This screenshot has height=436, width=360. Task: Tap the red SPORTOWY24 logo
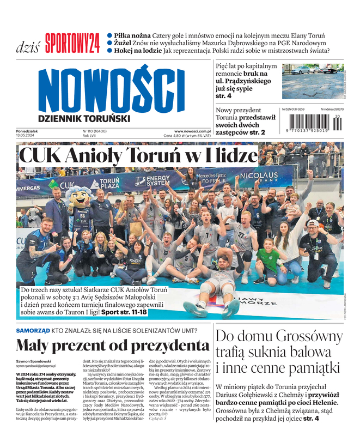[72, 43]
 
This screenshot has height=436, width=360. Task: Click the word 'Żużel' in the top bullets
[125, 43]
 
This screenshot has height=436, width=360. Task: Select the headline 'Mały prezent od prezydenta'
[113, 346]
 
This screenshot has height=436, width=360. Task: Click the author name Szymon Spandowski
[36, 361]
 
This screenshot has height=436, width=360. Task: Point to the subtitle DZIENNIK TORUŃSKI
[84, 118]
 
